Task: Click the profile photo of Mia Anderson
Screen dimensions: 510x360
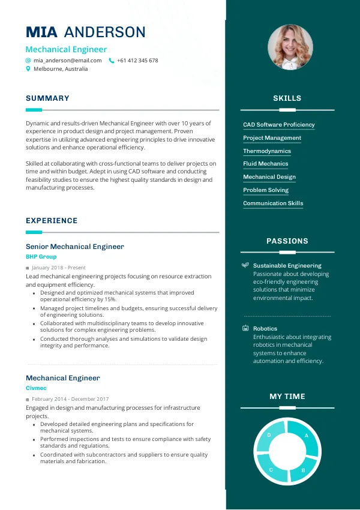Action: coord(287,47)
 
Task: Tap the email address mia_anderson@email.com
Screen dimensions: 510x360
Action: coord(67,61)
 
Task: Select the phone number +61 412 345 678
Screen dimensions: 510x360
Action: coord(137,61)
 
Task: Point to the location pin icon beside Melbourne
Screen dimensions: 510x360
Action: coord(28,69)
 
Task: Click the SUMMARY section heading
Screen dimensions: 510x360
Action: coord(47,98)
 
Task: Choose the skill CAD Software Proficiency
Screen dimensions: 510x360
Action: coord(278,125)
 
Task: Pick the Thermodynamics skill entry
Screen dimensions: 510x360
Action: coord(266,151)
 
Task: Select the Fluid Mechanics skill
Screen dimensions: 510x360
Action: coord(265,164)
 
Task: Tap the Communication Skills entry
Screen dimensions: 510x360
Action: coord(273,203)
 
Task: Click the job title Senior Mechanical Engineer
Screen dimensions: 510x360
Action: coord(74,247)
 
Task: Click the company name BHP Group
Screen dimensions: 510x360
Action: coord(41,257)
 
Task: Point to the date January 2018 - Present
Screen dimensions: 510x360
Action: coord(58,268)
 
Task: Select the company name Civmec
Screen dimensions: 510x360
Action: coord(36,388)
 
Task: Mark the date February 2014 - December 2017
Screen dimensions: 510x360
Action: coord(70,399)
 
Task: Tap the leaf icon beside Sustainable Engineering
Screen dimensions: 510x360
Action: coord(245,265)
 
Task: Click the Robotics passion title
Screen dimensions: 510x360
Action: coord(265,329)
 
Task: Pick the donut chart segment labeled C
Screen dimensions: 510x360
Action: coord(271,469)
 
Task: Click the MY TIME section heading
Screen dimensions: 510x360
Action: coord(287,397)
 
